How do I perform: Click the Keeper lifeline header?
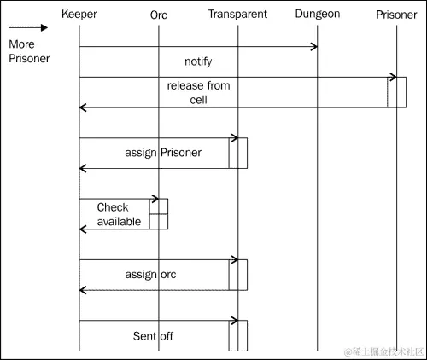(x=79, y=15)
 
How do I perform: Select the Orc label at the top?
(x=158, y=15)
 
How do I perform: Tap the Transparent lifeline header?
(x=237, y=15)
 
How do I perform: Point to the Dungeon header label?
(x=317, y=15)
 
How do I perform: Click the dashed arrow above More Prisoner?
(x=28, y=27)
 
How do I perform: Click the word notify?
(x=198, y=61)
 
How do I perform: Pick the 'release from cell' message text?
(x=198, y=92)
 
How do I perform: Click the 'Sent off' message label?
(x=153, y=336)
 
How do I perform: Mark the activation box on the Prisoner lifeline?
(x=396, y=92)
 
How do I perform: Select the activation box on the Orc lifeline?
(x=159, y=214)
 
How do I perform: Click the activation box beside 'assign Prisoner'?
(x=238, y=153)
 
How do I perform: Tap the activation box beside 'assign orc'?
(x=238, y=275)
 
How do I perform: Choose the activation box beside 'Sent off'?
(x=238, y=335)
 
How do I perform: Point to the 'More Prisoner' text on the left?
(x=28, y=51)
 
